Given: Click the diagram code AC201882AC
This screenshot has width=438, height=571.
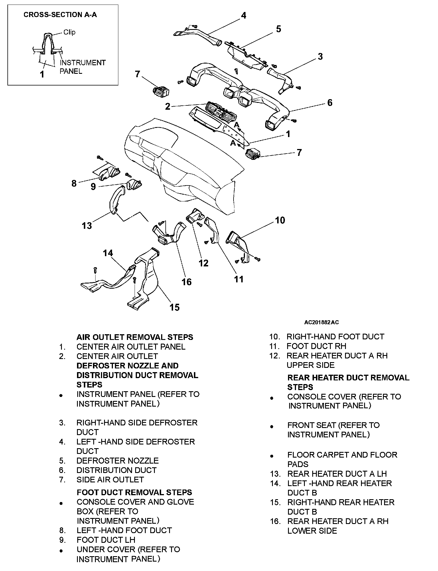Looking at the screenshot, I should click(321, 322).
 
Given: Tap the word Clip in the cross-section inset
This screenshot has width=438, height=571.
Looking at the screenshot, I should click(69, 32).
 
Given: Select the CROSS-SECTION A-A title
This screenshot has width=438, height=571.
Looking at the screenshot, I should click(60, 15).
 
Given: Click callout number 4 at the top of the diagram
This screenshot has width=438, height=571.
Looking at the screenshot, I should click(243, 15).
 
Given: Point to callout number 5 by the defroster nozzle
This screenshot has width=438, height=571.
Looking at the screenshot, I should click(278, 29).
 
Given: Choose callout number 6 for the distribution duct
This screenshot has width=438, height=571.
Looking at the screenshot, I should click(330, 103).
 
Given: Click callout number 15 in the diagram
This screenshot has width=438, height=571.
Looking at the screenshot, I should click(175, 307).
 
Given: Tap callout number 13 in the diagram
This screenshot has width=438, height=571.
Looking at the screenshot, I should click(87, 226).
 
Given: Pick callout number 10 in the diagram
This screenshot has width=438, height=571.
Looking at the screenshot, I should click(280, 220).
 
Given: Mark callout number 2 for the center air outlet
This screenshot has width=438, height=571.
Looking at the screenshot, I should click(168, 107).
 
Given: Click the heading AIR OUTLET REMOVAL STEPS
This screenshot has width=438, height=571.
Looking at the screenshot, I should click(135, 337).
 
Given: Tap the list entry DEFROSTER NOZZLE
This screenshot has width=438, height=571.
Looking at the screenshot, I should click(117, 461).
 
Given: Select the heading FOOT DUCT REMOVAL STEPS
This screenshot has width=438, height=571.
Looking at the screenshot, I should click(134, 492).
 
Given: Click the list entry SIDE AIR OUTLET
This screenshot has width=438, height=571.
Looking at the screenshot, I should click(110, 480).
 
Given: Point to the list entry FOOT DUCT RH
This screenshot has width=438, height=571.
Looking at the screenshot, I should click(316, 346).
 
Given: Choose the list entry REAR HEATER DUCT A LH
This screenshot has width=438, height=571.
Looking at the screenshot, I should click(337, 474).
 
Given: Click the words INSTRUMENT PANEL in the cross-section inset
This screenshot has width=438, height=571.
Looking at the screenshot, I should click(83, 67).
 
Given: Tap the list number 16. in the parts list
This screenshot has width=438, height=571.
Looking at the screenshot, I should click(275, 521).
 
